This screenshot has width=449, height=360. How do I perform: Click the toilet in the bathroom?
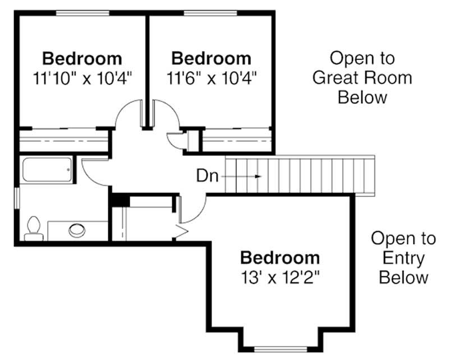34,228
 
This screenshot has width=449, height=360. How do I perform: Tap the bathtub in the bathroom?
47,170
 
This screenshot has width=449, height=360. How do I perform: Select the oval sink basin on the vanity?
77,229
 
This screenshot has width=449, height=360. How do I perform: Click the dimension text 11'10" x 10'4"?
82,77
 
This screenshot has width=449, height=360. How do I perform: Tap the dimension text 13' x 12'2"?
280,276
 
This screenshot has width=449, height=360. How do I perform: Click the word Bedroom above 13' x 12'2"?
280,258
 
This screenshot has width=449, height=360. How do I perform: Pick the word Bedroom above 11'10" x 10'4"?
82,58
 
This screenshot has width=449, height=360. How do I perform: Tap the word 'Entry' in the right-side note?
403,258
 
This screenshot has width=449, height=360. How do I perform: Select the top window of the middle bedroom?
211,12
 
